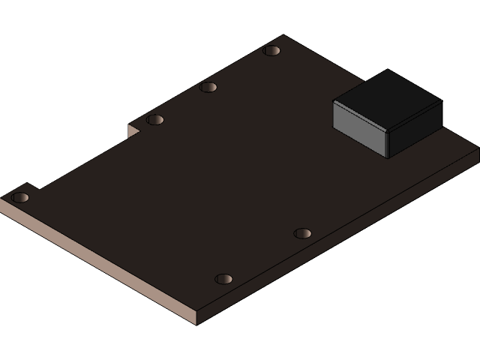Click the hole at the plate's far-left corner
pos(20,198)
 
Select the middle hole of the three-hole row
pos(208,87)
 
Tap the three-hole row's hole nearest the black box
pos(271,51)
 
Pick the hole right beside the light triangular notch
pos(154,120)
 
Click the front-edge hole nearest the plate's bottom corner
pos(223,279)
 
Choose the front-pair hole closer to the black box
pos(301,233)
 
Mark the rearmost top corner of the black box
pos(388,70)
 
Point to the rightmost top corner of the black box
pos(441,101)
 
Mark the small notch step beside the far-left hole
pos(33,186)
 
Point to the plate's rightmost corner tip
pos(478,150)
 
